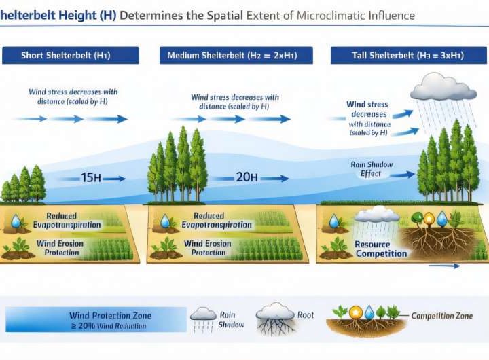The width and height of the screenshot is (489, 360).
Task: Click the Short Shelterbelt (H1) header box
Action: point(71,55)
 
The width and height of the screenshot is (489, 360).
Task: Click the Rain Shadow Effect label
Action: point(372,169)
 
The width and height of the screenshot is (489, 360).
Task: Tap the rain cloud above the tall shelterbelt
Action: point(443,87)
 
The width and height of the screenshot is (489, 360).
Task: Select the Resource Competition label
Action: point(382,249)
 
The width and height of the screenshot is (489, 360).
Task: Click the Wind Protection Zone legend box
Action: point(96,319)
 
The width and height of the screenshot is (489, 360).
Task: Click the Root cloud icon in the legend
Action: point(274,314)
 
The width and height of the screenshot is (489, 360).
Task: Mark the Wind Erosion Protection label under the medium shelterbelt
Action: point(209,248)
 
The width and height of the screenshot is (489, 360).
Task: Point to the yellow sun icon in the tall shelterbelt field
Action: point(427,219)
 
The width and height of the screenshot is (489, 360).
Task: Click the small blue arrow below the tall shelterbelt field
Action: point(445,266)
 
